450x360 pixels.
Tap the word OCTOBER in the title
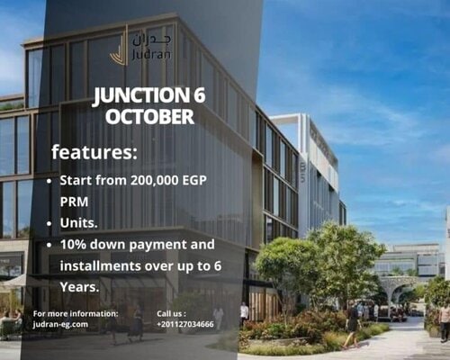tap(149, 117)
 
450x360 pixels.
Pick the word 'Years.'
tap(80, 287)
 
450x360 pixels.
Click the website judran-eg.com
tap(60, 324)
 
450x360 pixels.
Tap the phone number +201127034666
tap(184, 324)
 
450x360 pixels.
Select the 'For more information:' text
tap(76, 313)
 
